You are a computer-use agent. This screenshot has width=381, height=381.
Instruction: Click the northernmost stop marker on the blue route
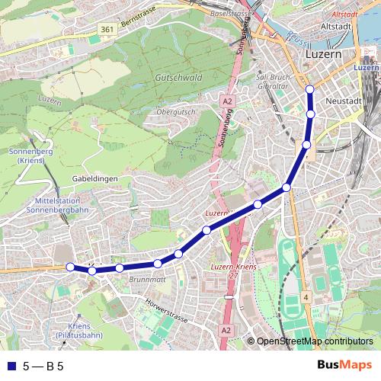(x=310, y=90)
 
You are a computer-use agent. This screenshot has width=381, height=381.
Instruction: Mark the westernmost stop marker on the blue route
(x=70, y=267)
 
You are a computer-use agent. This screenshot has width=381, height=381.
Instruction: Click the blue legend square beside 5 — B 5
(x=10, y=366)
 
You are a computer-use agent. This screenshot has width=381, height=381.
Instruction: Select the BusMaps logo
(x=346, y=365)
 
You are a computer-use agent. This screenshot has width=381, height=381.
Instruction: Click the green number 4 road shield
(x=304, y=296)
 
